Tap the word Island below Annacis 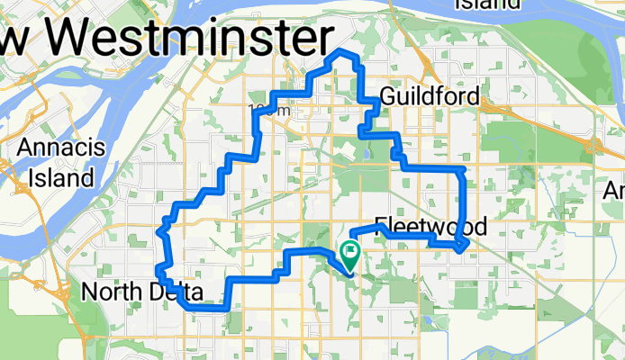tap(61, 177)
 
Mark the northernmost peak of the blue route tap(341, 53)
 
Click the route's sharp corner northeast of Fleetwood tap(463, 169)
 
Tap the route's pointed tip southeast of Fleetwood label tap(462, 248)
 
